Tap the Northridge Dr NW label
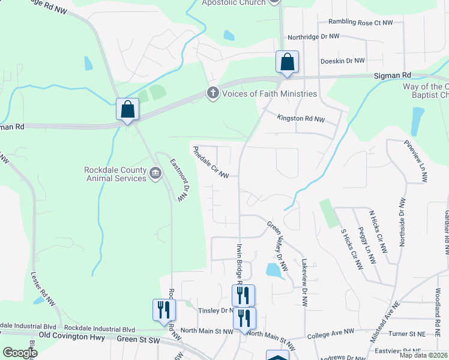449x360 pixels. click(313, 37)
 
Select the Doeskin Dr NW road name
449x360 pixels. click(343, 61)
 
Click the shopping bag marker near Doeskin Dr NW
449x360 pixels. click(287, 62)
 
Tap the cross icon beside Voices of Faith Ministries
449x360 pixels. click(212, 93)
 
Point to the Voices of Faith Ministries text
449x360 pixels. click(270, 94)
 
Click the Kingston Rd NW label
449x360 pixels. click(300, 119)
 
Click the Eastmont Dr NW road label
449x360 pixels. click(179, 179)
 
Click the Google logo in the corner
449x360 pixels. click(20, 353)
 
